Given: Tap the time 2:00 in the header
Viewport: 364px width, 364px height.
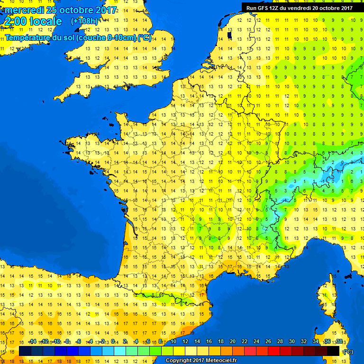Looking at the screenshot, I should pos(16,21).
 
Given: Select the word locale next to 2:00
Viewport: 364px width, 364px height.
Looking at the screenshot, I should pos(45,21).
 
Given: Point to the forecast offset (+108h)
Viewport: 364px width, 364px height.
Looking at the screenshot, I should pos(84,21).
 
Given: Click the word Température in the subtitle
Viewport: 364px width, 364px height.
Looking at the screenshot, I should pos(28,38).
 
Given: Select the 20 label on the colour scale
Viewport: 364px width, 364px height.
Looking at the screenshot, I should pos(233,341).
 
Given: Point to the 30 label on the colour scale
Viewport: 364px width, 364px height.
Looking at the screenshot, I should pos(292,341).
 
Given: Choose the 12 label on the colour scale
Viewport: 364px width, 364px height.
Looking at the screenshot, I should pos(185,341).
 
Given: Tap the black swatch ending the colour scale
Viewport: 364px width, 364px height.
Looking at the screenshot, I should pos(333,351).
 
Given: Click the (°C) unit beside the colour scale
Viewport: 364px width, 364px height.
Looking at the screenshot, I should pos(348,351).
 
